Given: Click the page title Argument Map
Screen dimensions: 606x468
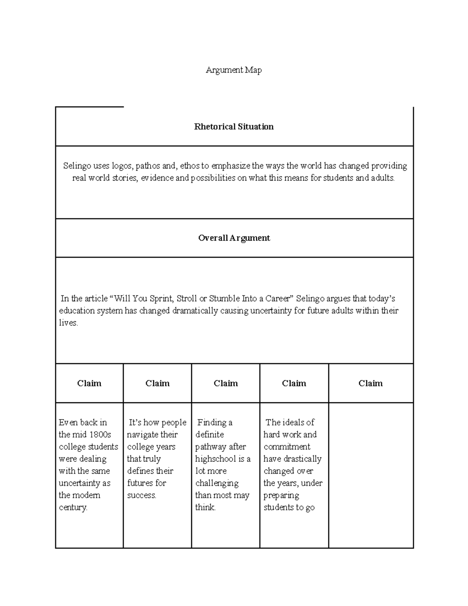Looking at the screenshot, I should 234,70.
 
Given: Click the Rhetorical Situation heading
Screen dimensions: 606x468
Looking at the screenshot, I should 234,127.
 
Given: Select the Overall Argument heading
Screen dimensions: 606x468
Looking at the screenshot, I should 234,238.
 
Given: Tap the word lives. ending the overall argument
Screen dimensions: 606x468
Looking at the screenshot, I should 69,323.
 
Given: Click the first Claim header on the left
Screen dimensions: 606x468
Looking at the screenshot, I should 89,384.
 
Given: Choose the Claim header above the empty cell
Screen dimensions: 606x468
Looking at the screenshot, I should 370,384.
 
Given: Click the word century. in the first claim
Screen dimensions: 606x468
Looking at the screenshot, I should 73,508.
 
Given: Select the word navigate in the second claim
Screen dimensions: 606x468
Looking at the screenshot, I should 142,435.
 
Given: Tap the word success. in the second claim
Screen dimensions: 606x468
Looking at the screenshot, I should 142,496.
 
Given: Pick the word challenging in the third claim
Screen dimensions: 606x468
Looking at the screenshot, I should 217,483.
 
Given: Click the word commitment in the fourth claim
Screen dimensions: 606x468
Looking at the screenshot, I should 287,447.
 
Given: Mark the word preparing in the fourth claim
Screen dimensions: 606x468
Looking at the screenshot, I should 281,496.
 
